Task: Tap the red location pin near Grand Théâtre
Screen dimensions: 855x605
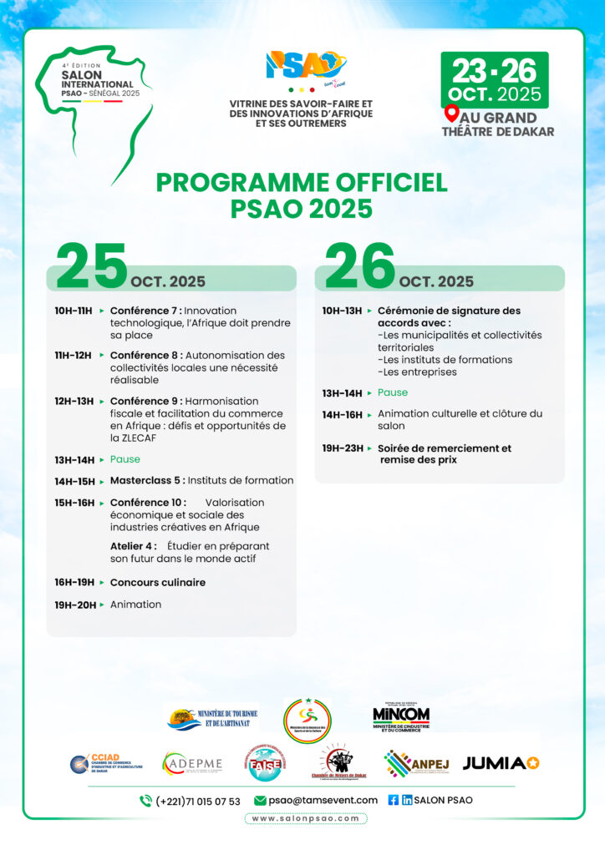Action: click(x=452, y=114)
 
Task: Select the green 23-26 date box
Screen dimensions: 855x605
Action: click(x=495, y=80)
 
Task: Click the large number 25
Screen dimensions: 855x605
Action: click(x=91, y=266)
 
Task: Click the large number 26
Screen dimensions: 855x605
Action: click(x=359, y=266)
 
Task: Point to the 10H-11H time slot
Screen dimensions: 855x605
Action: click(x=74, y=311)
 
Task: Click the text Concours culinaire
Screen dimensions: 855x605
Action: click(x=158, y=582)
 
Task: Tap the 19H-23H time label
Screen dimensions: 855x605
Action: click(x=343, y=448)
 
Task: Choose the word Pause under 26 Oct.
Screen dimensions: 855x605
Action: click(x=393, y=392)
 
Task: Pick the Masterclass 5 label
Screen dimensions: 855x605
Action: click(x=146, y=480)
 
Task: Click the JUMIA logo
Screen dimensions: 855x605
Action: click(x=501, y=762)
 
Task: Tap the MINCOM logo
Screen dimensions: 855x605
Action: click(x=401, y=716)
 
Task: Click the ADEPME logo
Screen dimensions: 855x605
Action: click(x=192, y=762)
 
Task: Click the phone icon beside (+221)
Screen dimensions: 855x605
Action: click(x=145, y=801)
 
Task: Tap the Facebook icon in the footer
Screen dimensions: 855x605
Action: click(x=394, y=800)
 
